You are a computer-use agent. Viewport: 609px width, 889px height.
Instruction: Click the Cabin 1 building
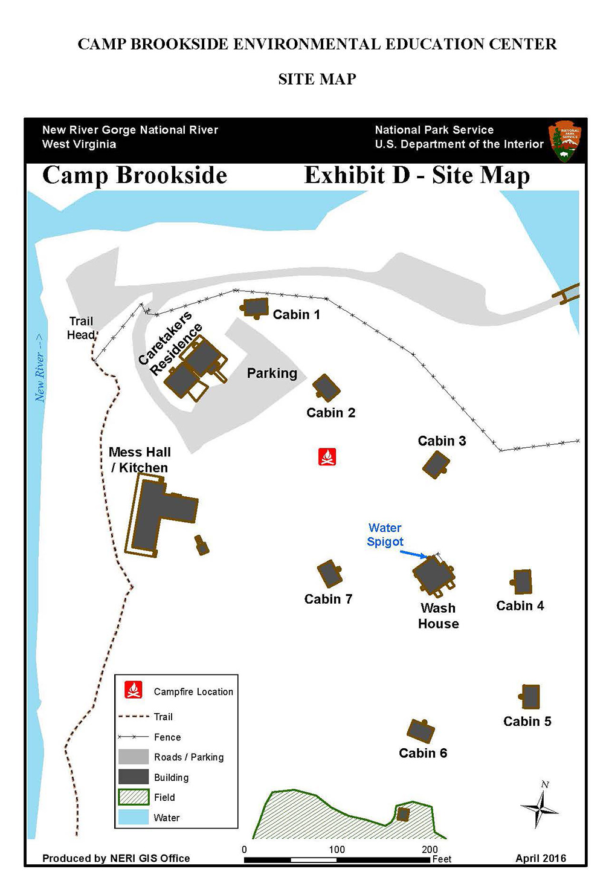[256, 308]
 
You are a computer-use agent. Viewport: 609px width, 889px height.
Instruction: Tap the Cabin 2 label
[330, 413]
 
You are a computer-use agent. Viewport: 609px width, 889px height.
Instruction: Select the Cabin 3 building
[436, 465]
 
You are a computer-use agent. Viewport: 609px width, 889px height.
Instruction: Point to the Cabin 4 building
[521, 582]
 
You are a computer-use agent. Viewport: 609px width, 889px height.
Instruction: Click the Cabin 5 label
[527, 721]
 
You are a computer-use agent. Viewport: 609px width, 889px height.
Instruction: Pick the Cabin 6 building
[420, 731]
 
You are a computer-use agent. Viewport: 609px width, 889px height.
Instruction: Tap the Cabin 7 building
[330, 574]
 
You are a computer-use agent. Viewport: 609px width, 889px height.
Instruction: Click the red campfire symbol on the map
[327, 457]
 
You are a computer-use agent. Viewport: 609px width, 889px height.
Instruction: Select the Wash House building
[433, 574]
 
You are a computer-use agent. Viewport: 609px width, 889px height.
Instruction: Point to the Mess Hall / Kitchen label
[140, 460]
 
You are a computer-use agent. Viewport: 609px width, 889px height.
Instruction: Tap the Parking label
[272, 373]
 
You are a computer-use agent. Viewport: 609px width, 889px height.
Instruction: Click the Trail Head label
[81, 328]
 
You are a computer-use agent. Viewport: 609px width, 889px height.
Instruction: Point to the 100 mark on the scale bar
[337, 850]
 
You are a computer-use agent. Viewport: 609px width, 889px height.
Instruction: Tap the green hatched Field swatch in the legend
[134, 797]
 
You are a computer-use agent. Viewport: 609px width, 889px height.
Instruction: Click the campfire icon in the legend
[134, 690]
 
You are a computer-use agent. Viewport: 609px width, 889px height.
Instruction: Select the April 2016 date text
[540, 858]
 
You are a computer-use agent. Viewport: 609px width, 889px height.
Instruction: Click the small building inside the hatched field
[403, 813]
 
